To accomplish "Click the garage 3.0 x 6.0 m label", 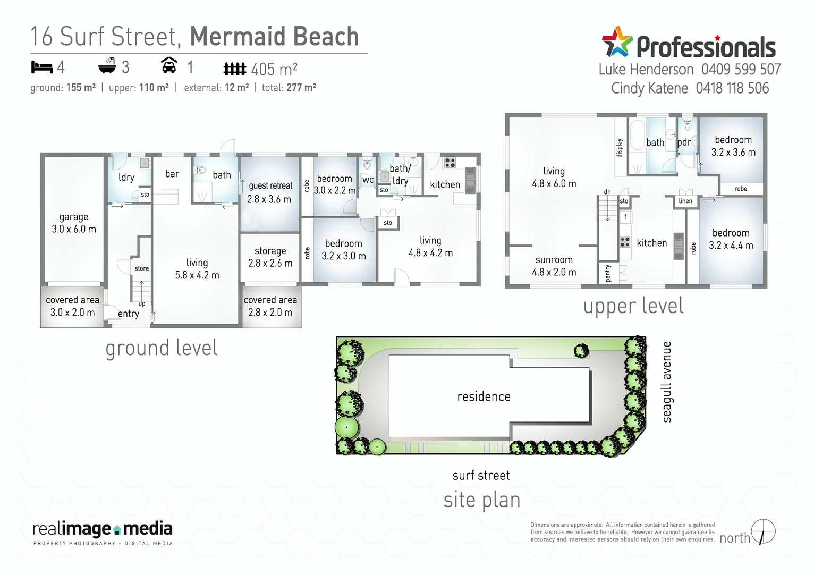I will tap(74, 223).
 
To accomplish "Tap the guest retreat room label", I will tap(270, 192).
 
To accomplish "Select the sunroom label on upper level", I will tap(554, 266).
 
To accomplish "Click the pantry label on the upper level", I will tap(608, 273).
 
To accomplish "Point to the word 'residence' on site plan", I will tap(484, 396).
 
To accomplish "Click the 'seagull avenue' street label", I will tap(667, 382).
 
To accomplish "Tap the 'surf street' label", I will tap(481, 476).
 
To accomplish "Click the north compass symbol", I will tap(764, 531).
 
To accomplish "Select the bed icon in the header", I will tap(41, 67).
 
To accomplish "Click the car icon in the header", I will tap(169, 65).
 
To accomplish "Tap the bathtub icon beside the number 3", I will tap(107, 66).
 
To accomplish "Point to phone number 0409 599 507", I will tap(741, 70).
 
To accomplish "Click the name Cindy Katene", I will tap(649, 88).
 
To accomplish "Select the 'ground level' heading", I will tap(162, 349).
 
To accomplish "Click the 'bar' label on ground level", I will tap(172, 174).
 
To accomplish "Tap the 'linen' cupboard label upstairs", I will tap(685, 201).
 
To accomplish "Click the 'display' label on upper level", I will tap(620, 148).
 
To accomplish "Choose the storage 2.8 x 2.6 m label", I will tap(270, 257).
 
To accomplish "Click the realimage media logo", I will tap(103, 531).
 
